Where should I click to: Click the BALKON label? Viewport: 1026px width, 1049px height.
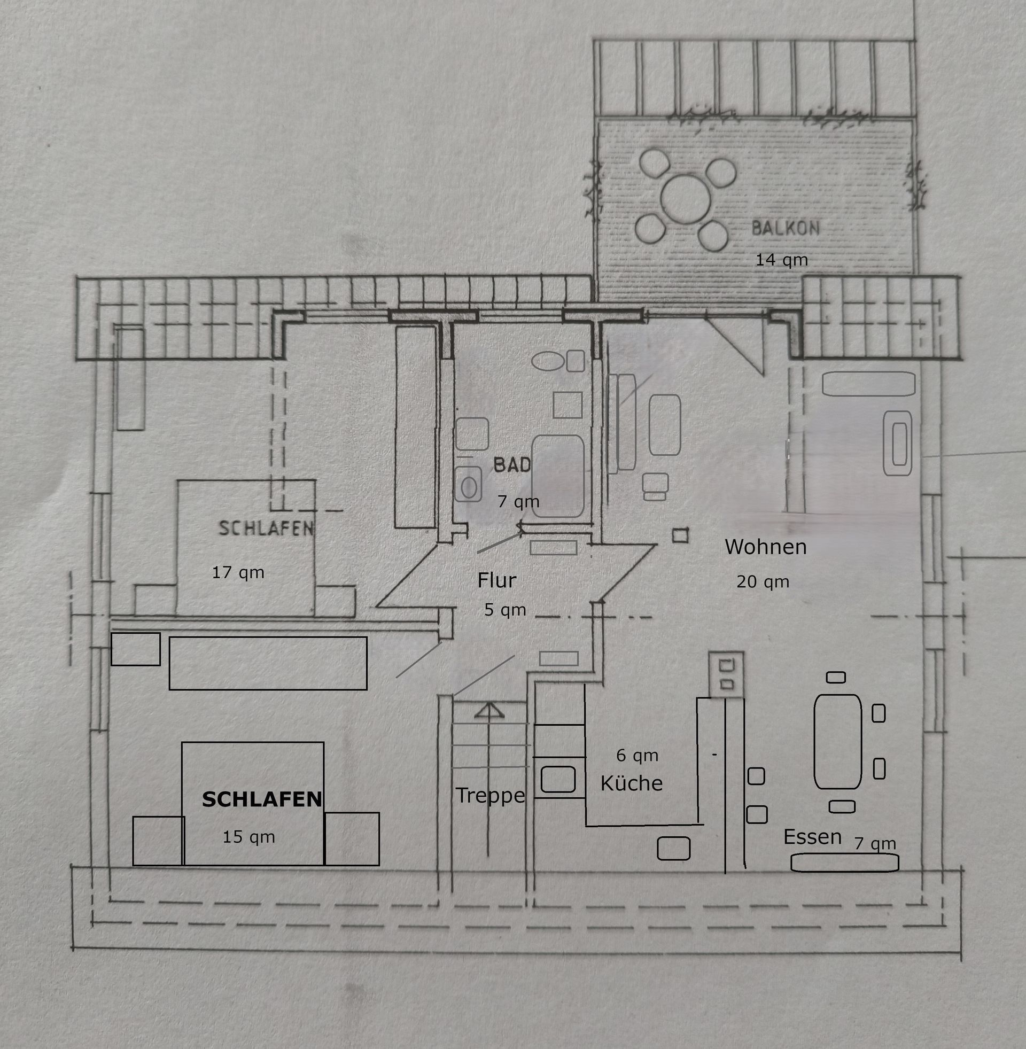point(785,228)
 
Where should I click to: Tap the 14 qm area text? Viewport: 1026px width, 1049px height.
point(781,260)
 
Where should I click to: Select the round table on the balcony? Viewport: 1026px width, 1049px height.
point(686,199)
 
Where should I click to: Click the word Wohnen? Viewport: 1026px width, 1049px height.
point(765,547)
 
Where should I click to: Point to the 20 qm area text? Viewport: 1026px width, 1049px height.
point(763,581)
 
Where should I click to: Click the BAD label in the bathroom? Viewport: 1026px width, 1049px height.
point(512,464)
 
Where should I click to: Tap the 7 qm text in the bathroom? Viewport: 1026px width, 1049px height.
point(518,501)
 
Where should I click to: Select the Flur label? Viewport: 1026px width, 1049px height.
point(496,580)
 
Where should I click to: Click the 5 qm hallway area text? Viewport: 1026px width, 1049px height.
point(505,609)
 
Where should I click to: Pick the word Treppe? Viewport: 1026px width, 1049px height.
point(490,795)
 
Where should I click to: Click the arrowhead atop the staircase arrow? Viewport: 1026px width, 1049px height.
point(489,711)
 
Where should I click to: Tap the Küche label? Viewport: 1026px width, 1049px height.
point(631,783)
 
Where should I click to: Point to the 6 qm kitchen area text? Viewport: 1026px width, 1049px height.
point(637,756)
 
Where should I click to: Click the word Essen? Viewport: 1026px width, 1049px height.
point(812,836)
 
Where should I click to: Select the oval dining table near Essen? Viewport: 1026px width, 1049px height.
point(837,741)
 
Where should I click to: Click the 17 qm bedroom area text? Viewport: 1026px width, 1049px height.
point(238,572)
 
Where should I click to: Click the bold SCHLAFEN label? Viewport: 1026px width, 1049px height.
point(262,799)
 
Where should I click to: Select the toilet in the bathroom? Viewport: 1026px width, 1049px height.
point(468,484)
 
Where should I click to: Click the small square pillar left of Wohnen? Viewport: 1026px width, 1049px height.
point(680,535)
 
